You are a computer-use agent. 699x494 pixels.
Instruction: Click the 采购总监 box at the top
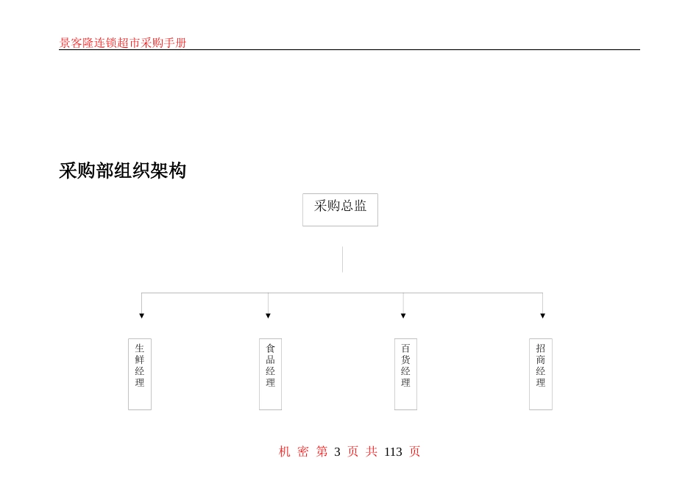340,210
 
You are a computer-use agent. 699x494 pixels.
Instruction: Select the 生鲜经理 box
140,373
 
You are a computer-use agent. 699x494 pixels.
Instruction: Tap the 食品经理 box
270,373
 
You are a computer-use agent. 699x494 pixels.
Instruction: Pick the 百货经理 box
405,373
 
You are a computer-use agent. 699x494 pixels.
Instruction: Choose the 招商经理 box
541,373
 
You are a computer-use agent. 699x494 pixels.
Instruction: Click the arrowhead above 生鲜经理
142,316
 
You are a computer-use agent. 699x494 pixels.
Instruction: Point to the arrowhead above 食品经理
268,316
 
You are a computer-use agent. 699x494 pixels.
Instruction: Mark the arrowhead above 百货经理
403,316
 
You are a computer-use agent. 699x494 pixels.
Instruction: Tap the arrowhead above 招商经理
543,316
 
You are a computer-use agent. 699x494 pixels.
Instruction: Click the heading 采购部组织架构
122,171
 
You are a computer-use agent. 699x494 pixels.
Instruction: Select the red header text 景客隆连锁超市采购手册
123,43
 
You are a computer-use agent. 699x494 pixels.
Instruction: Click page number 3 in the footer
337,452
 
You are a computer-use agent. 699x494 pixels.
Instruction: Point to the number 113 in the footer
393,452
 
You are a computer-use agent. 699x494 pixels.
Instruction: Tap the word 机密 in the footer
294,452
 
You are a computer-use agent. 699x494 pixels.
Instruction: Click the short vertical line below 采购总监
342,259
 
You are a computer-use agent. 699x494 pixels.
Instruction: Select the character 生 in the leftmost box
140,348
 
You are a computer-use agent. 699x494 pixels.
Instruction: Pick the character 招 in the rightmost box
541,348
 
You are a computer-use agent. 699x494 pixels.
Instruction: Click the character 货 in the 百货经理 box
405,360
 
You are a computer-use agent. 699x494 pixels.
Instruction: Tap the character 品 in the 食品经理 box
270,360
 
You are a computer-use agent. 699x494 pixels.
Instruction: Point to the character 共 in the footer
372,452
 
